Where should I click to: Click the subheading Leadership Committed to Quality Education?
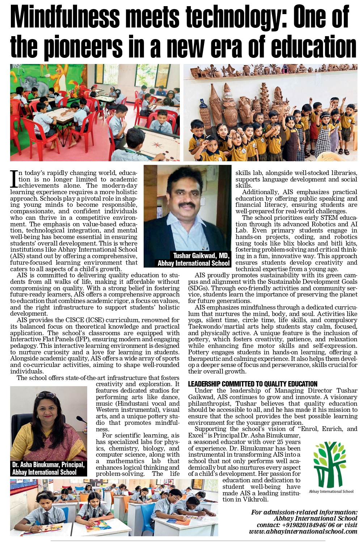point(253,384)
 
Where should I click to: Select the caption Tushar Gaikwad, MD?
point(201,256)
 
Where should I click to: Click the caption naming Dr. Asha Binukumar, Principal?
point(48,465)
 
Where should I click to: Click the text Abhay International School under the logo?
point(331,491)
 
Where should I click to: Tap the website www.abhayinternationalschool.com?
point(303,531)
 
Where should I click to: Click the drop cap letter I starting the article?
point(14,179)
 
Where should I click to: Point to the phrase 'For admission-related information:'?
point(304,512)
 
